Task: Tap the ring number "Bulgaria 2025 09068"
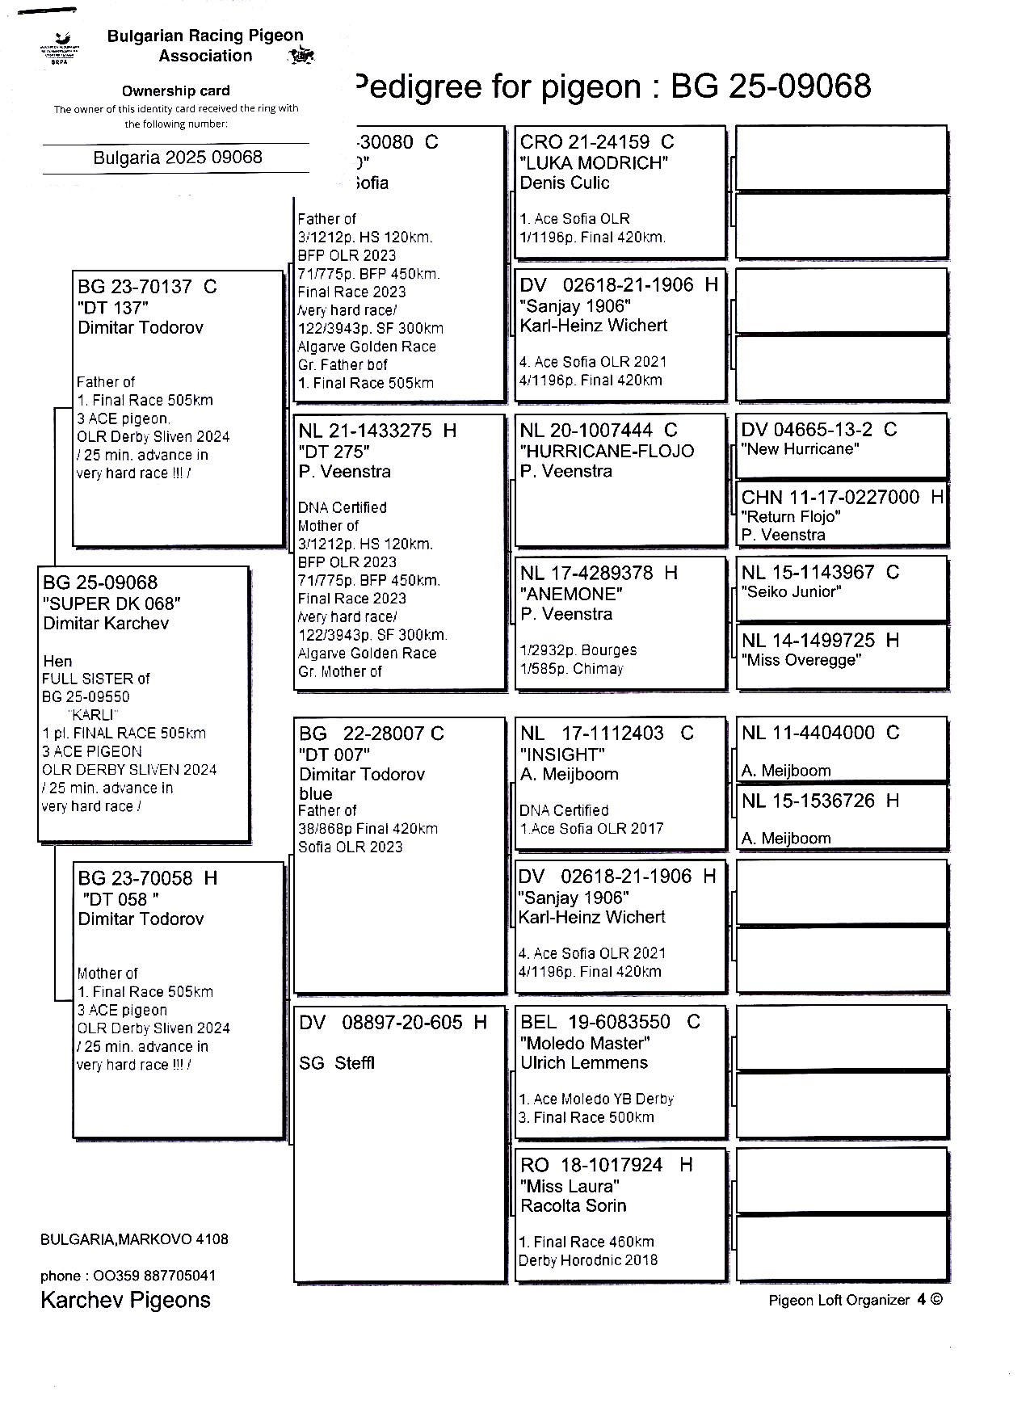tap(177, 158)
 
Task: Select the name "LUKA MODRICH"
tap(594, 162)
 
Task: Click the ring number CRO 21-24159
tap(585, 142)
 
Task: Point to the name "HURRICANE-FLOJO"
tap(607, 451)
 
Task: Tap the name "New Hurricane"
tap(800, 449)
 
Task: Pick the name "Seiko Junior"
tap(791, 592)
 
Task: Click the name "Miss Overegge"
tap(801, 660)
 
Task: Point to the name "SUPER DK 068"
tap(111, 603)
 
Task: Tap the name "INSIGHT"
tap(561, 755)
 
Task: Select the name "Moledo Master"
tap(585, 1043)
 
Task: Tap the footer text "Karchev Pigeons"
tap(125, 1300)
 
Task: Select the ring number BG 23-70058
tap(136, 878)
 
